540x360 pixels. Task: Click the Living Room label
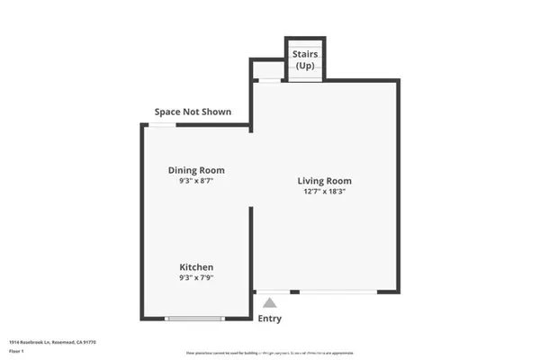coord(322,181)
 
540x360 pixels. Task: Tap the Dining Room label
coord(196,170)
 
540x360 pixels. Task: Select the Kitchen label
coord(196,268)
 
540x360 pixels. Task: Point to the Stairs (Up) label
coord(305,60)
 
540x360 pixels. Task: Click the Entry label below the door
coord(270,319)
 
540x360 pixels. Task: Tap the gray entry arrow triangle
coord(270,304)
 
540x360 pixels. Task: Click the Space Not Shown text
coord(193,112)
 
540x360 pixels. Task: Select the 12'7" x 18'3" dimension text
coord(322,192)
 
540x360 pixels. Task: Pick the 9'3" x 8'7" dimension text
coord(196,181)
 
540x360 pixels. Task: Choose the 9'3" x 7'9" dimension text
coord(196,279)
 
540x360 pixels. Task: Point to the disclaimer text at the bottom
coord(270,352)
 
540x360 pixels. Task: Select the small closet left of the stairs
coord(267,69)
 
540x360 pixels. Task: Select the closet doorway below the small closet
coord(268,81)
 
